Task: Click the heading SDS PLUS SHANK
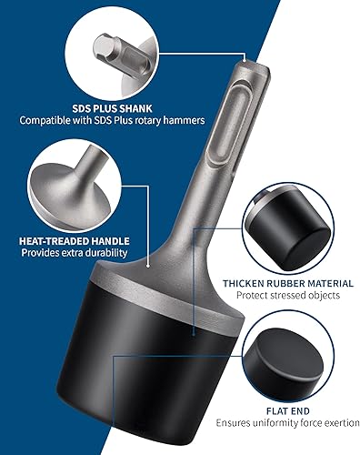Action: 112,108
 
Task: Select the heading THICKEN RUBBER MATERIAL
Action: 288,284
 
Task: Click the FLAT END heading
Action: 288,411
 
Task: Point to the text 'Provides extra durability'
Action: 75,253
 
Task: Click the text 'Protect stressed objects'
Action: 288,295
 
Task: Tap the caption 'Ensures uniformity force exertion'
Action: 287,423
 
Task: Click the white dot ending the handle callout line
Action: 148,266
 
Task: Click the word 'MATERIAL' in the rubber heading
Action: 331,284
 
